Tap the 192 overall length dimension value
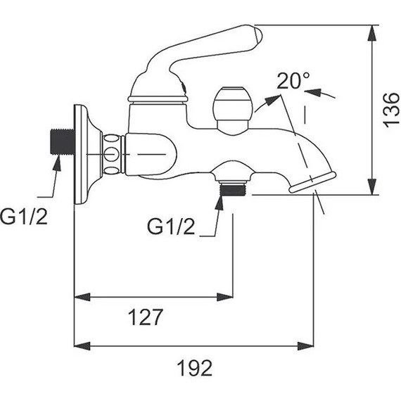click(195, 367)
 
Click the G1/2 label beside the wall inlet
click(24, 216)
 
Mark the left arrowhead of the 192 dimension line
click(79, 345)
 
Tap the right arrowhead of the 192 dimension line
click(309, 345)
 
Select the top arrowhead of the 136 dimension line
click(372, 30)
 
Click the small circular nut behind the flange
click(110, 154)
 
